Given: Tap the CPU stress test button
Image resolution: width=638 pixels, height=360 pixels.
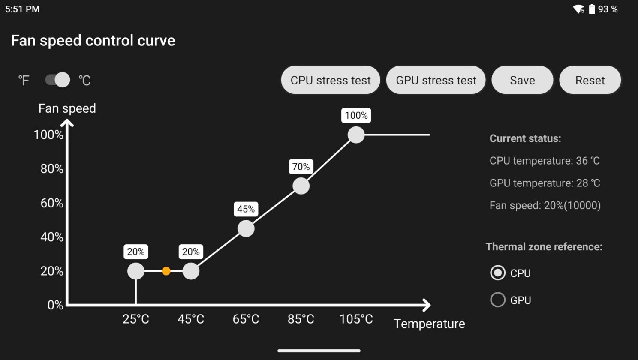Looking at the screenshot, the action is pos(331,80).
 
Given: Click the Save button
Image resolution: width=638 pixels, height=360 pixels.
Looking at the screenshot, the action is pos(522,80).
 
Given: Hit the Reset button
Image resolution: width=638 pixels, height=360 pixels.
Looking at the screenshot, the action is pos(590,80).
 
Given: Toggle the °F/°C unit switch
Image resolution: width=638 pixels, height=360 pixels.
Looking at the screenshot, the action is pos(57,80).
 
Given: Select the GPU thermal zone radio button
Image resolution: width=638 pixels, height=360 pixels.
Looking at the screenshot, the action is pos(498,300).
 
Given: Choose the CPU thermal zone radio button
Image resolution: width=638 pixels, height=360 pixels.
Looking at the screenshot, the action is pos(498,273).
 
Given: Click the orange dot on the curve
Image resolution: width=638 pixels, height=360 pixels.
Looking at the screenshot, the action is pos(166,271).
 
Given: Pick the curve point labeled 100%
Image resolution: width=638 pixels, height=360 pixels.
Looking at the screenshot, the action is pos(356,135).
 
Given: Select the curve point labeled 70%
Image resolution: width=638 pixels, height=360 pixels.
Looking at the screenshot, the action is pos(301,186).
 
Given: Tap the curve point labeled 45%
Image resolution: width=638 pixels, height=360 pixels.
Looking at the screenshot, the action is pos(246,228).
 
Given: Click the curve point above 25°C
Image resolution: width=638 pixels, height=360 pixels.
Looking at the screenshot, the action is pos(136,271).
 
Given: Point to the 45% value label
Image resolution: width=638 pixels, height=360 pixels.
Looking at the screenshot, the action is pos(246,209).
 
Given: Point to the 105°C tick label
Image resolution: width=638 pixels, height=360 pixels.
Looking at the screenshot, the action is pos(356,319).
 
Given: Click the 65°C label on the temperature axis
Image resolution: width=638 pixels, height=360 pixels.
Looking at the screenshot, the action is pos(246,319).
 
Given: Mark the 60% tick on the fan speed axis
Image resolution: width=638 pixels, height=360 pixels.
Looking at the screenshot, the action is pos(52,203).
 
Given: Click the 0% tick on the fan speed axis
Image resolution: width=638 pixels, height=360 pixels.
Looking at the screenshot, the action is pos(55,305).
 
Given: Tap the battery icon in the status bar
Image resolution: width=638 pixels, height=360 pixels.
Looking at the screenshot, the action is pos(592,9).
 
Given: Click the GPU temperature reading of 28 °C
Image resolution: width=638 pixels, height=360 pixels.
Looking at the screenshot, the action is pos(545,183).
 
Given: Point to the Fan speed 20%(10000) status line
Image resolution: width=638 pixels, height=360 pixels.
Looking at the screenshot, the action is pos(545,205).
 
